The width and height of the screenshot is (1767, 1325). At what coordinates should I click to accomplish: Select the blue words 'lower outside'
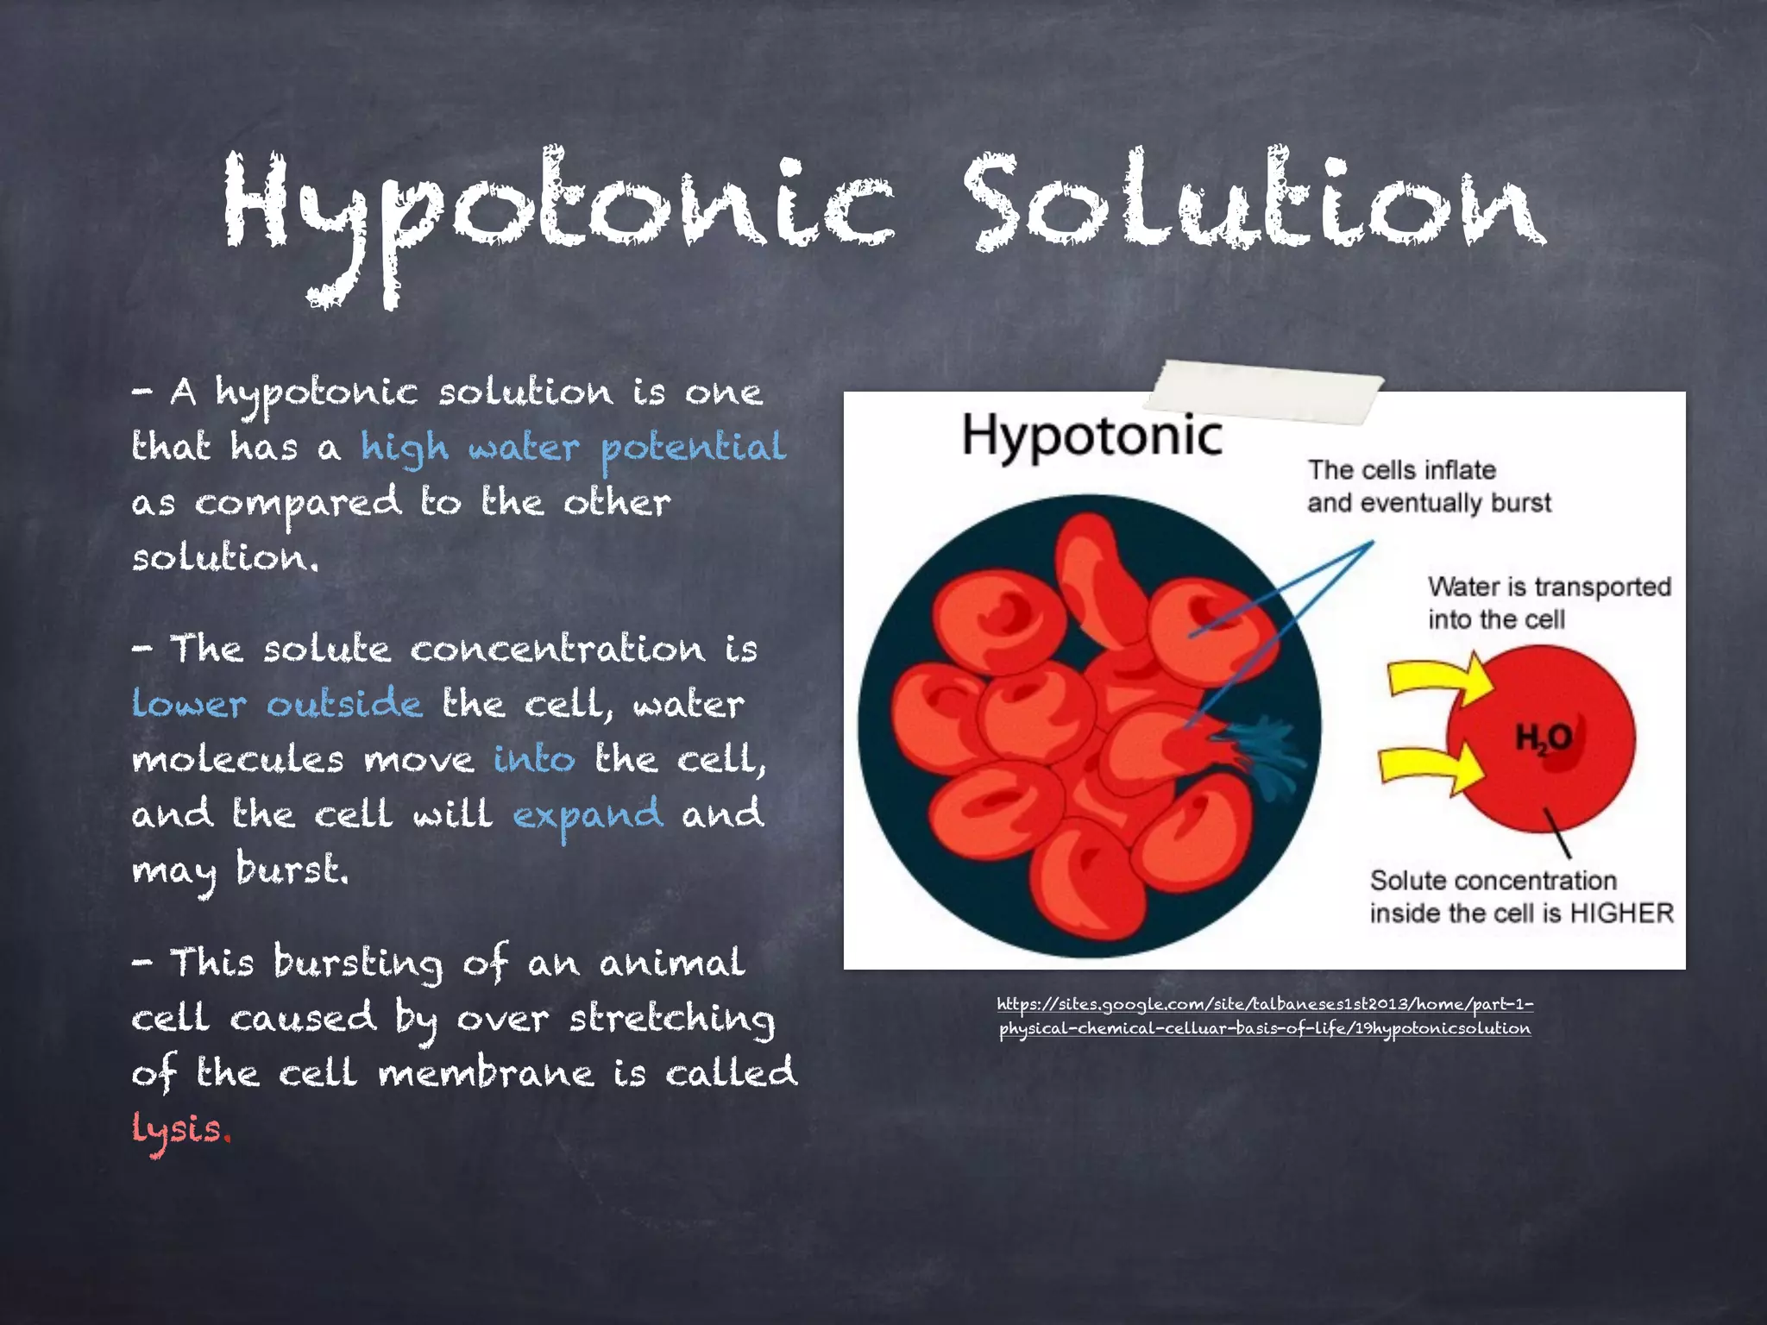tap(277, 704)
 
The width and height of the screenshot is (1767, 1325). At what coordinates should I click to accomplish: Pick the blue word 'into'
tap(534, 759)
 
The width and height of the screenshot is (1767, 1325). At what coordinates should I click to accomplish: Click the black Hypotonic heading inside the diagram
tap(1091, 436)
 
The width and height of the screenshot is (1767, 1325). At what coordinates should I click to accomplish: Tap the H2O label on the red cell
tap(1544, 738)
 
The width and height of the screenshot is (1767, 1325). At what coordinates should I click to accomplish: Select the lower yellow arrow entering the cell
tap(1428, 764)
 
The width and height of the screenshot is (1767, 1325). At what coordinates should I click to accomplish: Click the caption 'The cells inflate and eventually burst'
tap(1428, 487)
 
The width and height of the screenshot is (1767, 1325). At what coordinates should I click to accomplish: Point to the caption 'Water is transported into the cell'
tap(1549, 603)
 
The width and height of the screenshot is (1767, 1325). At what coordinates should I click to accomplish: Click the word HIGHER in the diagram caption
tap(1621, 914)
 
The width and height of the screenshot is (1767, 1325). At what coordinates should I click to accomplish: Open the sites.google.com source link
tap(1265, 1016)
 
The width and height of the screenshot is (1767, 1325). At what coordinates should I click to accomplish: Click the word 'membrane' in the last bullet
tap(486, 1074)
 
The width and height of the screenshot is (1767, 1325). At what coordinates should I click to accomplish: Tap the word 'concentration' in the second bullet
tap(557, 650)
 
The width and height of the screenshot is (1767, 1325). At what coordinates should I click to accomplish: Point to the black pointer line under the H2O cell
tap(1557, 832)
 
